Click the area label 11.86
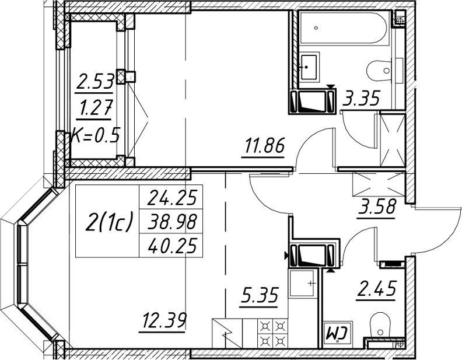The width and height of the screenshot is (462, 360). [x=263, y=145]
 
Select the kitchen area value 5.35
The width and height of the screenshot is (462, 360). [x=258, y=295]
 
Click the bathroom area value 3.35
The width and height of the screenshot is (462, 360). [x=360, y=98]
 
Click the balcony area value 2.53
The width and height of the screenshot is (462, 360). [x=94, y=82]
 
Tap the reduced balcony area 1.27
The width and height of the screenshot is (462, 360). [x=94, y=107]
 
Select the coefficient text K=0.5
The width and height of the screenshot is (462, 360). [x=95, y=136]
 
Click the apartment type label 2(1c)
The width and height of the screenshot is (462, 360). [x=108, y=222]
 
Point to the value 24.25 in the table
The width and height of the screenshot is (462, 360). [x=171, y=197]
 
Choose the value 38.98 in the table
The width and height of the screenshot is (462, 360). [x=171, y=222]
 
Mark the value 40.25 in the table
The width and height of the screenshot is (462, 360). [x=171, y=246]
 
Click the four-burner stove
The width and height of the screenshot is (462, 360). [x=272, y=334]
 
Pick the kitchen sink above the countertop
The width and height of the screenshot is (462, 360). [x=303, y=284]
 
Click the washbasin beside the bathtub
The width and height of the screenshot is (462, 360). [x=309, y=67]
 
